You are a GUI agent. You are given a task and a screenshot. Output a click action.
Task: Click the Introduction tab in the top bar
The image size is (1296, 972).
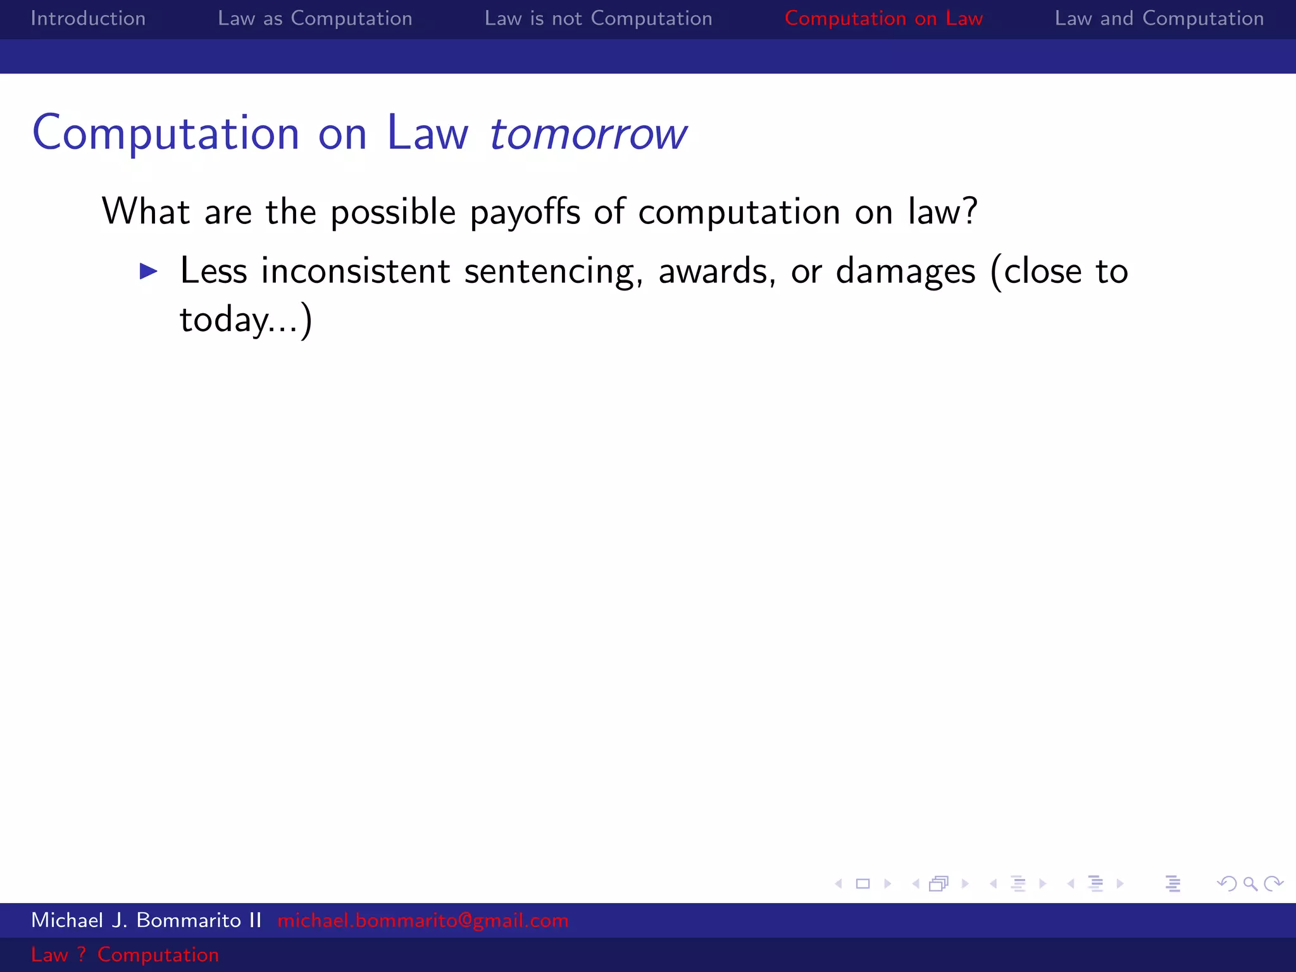pyautogui.click(x=88, y=18)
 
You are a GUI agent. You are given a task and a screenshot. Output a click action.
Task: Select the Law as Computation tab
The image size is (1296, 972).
pyautogui.click(x=315, y=18)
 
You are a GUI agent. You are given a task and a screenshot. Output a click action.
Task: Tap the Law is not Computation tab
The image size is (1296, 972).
pyautogui.click(x=598, y=18)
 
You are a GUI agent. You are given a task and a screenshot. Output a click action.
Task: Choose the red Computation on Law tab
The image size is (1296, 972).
pyautogui.click(x=883, y=18)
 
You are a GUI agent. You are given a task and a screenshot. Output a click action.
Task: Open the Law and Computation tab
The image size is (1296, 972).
pyautogui.click(x=1159, y=18)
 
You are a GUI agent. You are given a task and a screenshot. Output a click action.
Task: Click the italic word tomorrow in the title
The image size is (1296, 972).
pyautogui.click(x=588, y=134)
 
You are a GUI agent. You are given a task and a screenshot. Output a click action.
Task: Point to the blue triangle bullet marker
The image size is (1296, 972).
pyautogui.click(x=149, y=271)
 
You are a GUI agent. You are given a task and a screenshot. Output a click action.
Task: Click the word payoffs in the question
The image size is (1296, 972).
pyautogui.click(x=525, y=212)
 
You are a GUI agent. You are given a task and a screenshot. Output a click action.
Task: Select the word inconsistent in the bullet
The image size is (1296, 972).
pyautogui.click(x=356, y=271)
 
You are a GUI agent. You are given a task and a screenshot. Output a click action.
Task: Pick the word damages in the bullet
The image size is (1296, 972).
pyautogui.click(x=906, y=272)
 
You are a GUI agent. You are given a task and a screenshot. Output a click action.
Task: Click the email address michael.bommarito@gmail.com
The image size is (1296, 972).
pyautogui.click(x=423, y=920)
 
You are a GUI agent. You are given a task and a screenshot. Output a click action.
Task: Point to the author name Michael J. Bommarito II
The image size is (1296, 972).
pyautogui.click(x=146, y=920)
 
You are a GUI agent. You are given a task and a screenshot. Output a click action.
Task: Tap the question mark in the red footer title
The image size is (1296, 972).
pyautogui.click(x=82, y=954)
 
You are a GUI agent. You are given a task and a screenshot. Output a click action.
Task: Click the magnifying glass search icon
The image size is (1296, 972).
pyautogui.click(x=1250, y=883)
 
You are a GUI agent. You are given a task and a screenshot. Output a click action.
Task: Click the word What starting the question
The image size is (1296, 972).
pyautogui.click(x=146, y=211)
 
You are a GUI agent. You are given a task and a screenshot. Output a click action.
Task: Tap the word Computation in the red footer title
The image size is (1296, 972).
pyautogui.click(x=158, y=954)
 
